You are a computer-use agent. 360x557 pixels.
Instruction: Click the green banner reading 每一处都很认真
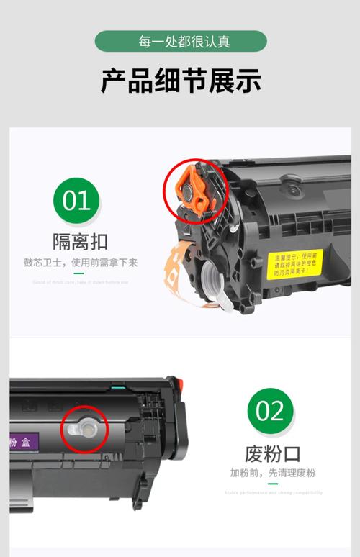tap(180, 41)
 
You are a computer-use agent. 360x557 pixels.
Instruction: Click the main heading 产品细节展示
tap(180, 81)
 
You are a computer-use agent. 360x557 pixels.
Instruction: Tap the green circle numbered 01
tap(76, 199)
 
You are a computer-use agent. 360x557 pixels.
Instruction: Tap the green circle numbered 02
tap(270, 412)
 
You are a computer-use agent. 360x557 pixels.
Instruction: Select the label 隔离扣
tap(79, 240)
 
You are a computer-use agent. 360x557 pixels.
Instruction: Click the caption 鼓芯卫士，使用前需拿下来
tap(80, 263)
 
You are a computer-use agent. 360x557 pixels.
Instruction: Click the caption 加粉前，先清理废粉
tap(272, 473)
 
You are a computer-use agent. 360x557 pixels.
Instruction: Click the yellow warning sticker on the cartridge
tap(295, 264)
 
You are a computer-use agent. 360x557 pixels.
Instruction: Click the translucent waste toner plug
tap(82, 430)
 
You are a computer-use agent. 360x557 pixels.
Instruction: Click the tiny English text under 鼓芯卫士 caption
tap(80, 282)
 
